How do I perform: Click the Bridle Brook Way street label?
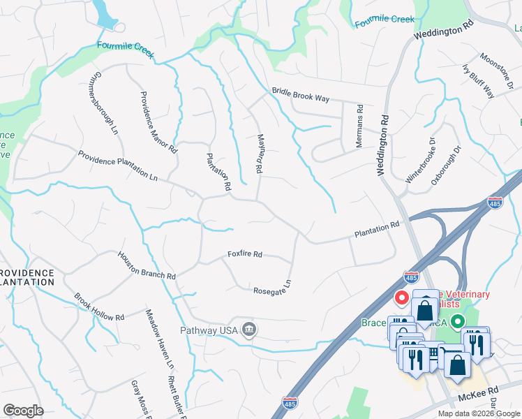(300, 96)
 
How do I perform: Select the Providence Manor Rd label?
(158, 122)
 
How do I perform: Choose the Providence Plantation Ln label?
(117, 166)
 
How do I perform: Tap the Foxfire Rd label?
(244, 255)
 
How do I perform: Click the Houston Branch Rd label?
(146, 266)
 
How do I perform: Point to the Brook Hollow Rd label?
(99, 307)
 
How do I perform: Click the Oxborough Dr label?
(446, 165)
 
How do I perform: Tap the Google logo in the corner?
(23, 411)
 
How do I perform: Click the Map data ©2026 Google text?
(478, 413)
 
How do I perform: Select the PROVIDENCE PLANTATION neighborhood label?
(27, 277)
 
